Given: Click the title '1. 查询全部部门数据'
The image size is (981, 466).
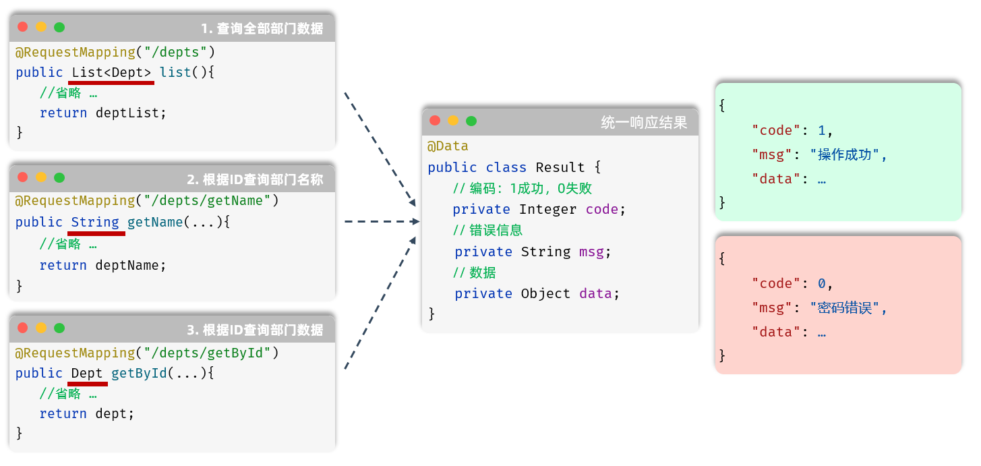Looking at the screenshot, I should (262, 29).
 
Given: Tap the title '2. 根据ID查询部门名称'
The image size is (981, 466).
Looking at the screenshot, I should (255, 179).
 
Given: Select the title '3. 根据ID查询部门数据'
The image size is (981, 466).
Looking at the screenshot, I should (255, 330).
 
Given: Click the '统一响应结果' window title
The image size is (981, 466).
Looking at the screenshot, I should (644, 123).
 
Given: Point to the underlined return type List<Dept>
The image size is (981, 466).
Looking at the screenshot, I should (111, 73).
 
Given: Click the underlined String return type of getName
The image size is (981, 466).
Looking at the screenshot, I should (95, 223).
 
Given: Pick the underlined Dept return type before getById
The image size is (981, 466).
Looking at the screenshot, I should (87, 374).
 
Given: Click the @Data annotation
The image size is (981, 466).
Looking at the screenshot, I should (448, 146).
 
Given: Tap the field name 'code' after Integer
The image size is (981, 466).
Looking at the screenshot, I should (602, 210).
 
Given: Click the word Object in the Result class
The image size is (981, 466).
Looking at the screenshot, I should (545, 293).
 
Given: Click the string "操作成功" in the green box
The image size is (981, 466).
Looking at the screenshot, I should (845, 154).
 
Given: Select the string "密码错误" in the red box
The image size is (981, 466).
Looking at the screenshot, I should (845, 308).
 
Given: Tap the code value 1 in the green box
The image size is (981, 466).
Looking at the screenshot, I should (822, 130).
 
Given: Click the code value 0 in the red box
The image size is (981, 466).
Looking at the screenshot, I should (822, 283).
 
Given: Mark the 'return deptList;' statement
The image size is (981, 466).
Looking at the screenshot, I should (102, 113).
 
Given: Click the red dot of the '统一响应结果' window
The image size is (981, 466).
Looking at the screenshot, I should (435, 121).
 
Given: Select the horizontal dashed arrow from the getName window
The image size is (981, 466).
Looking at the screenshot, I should (382, 221).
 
